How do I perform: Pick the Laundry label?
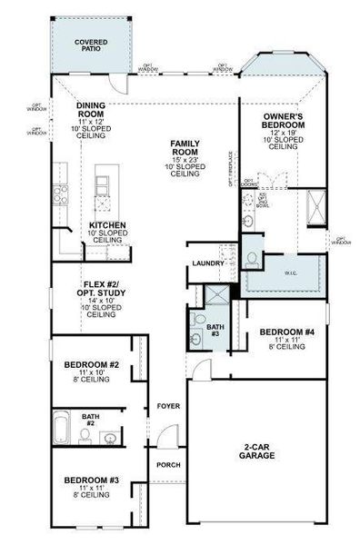point(208,263)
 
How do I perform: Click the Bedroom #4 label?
point(281,337)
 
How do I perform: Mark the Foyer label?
point(167,405)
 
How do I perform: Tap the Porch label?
point(167,465)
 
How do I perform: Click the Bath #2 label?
point(91,420)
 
